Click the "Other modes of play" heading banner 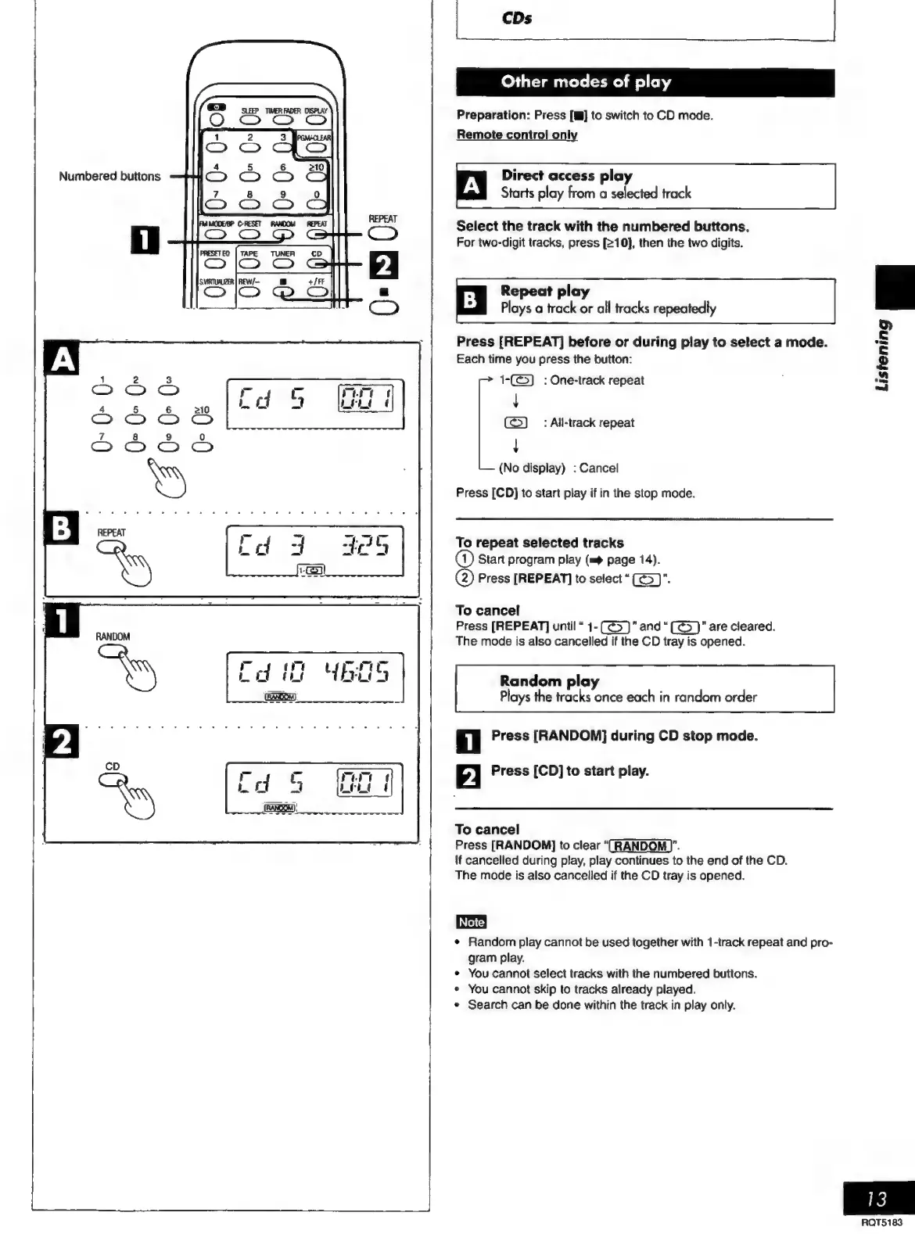(x=586, y=82)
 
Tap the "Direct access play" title (x=566, y=176)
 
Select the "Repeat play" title (x=544, y=291)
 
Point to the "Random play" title (x=549, y=680)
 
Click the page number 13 (x=877, y=1198)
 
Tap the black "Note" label (x=471, y=922)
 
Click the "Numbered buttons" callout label (x=109, y=177)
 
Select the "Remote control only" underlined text (x=517, y=135)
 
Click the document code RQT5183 (x=881, y=1221)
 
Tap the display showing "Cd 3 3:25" (x=315, y=551)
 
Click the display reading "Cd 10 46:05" (x=315, y=676)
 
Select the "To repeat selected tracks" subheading (x=540, y=543)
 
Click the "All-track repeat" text (x=592, y=423)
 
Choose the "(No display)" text (x=532, y=468)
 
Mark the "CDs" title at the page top (x=517, y=18)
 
